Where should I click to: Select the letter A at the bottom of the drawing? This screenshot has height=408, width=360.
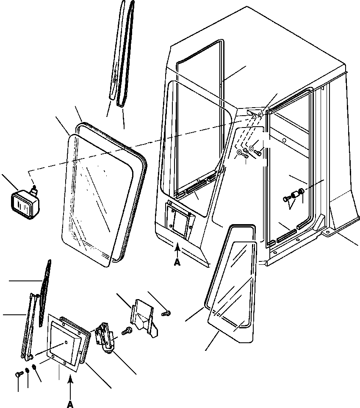(x=70, y=405)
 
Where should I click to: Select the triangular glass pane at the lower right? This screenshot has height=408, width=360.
(x=233, y=292)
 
